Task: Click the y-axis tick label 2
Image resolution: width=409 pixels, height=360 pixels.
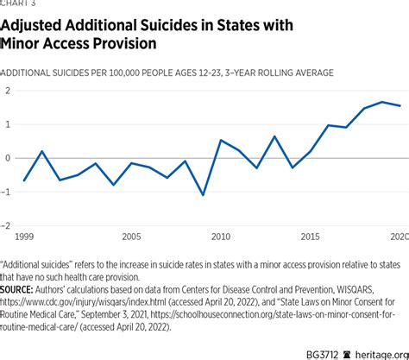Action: click(x=8, y=91)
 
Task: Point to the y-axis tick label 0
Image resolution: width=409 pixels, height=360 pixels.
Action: click(x=8, y=158)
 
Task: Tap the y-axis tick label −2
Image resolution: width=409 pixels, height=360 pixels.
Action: click(x=6, y=225)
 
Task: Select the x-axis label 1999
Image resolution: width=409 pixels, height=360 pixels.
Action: click(x=25, y=236)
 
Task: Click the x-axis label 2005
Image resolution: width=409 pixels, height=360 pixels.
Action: click(x=130, y=236)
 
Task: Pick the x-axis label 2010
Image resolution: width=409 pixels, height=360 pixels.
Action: click(x=220, y=236)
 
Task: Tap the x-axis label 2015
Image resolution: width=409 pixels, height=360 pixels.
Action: click(x=310, y=236)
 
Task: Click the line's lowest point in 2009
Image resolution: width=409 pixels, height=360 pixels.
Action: click(x=203, y=195)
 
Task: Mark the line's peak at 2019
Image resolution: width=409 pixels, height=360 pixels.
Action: click(x=382, y=102)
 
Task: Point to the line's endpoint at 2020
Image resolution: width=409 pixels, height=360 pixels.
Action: click(x=400, y=105)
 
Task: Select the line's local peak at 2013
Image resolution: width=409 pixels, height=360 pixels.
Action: click(x=274, y=136)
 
